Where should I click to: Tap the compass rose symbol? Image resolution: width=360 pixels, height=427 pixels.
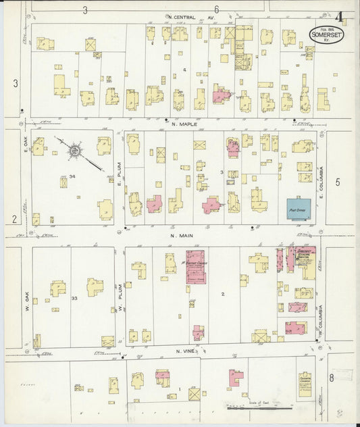coord(73,150)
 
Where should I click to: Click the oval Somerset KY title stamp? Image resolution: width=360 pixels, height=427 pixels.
coord(324,35)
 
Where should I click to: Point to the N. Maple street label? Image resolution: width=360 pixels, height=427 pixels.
coord(183,124)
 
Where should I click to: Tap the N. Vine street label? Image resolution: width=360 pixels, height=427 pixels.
coord(186,351)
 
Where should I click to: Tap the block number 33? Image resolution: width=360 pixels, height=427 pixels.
coord(75,297)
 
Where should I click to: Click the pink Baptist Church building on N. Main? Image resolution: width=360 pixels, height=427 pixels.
coord(195,270)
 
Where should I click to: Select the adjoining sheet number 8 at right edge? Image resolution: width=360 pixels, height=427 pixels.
coord(331,378)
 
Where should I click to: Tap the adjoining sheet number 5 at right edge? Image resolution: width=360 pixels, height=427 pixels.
coord(338,182)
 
